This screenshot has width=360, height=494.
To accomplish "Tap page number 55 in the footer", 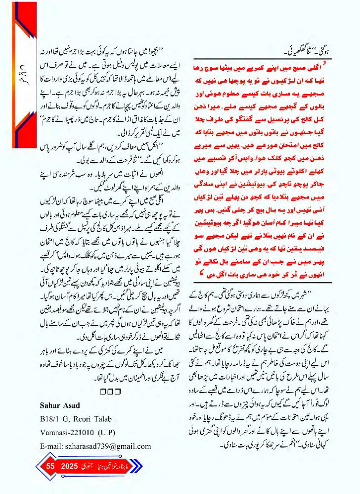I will [x=50, y=466].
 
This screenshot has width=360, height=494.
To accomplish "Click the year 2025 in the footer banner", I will [x=70, y=466].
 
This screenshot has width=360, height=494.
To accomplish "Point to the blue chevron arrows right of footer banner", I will [x=136, y=466].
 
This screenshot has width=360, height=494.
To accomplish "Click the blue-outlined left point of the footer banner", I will [x=37, y=466].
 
